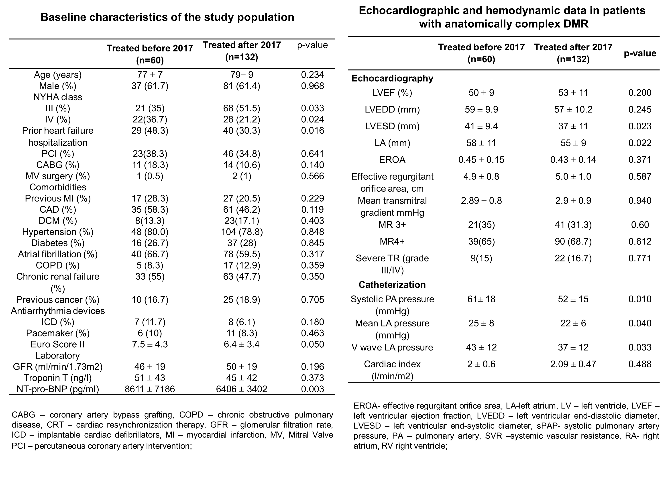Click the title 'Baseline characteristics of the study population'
click(167, 17)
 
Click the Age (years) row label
click(58, 75)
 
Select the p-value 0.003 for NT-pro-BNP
click(313, 389)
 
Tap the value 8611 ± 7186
click(150, 389)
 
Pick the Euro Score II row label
click(58, 344)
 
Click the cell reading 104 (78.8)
click(242, 232)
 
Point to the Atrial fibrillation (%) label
click(58, 254)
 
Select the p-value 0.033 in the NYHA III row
click(313, 108)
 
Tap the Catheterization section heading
click(392, 285)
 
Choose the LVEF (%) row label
click(392, 93)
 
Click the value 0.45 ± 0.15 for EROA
click(481, 160)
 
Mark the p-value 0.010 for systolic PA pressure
click(640, 299)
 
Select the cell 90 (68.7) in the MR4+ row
click(573, 242)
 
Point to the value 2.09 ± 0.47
click(573, 364)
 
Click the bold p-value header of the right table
click(640, 53)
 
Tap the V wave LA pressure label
click(392, 347)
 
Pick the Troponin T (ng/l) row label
click(58, 378)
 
